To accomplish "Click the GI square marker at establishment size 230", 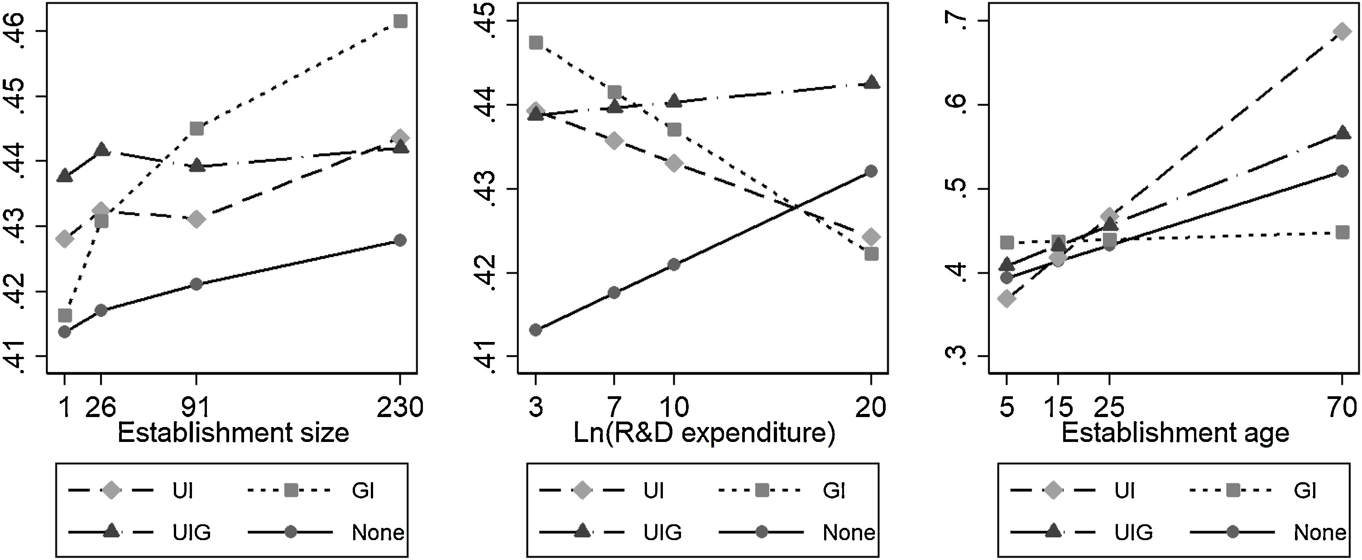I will [x=400, y=21].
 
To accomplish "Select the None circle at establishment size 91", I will [x=196, y=284].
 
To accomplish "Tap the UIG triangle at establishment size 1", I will [x=64, y=176].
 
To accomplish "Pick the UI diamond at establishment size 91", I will [x=196, y=219].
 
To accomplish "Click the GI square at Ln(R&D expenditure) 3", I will [x=536, y=42].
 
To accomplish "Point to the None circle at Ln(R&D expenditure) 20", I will [x=871, y=171].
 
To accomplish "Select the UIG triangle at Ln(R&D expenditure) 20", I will [x=871, y=83].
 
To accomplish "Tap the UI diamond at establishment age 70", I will [x=1342, y=32].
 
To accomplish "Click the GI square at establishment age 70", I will [x=1342, y=233].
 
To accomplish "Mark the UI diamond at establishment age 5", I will [x=1007, y=299].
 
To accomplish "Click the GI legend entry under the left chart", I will [x=363, y=491].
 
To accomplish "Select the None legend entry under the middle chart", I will [x=848, y=532].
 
